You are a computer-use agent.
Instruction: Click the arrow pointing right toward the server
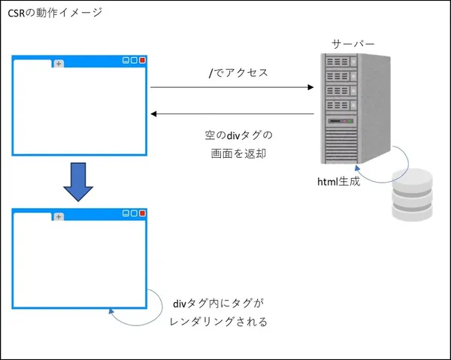pos(232,87)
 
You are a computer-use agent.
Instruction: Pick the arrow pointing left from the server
pos(232,113)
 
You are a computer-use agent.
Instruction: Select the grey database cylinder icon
pos(413,194)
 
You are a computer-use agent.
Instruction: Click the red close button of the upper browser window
pos(142,61)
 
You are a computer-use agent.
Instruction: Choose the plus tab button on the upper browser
pos(59,63)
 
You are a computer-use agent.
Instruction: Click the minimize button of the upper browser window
pos(126,61)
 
